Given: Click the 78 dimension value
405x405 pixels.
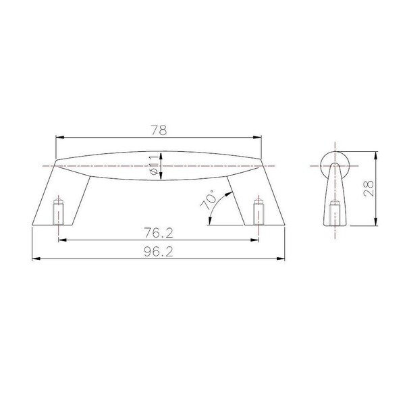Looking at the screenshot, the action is [x=159, y=130].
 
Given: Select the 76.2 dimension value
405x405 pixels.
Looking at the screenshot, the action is [x=159, y=233].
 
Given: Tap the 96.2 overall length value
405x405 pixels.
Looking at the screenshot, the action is [x=159, y=252].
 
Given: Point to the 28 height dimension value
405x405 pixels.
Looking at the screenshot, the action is [x=369, y=188].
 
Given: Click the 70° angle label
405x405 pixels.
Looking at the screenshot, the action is [x=208, y=200].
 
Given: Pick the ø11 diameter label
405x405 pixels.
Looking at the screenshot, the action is [x=154, y=165].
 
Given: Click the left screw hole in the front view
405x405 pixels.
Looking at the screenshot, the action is [x=58, y=212].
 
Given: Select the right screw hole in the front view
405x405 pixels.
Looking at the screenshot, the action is [x=259, y=212].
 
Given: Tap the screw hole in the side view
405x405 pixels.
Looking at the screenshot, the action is [x=335, y=213].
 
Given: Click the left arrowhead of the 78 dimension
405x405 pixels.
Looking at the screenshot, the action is [x=60, y=138].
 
